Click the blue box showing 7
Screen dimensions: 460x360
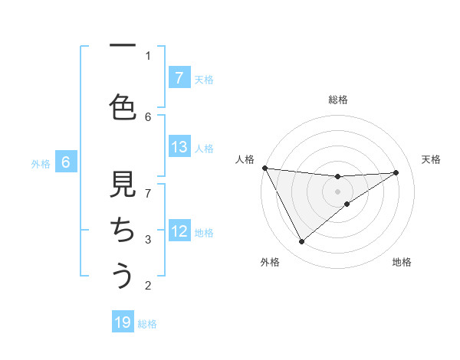tap(179, 77)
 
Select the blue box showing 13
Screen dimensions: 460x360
tap(179, 146)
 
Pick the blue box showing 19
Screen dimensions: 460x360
tap(123, 322)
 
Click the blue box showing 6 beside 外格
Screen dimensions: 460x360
tap(66, 162)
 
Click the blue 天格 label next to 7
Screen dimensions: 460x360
tap(204, 79)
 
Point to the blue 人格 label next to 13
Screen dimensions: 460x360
tap(204, 148)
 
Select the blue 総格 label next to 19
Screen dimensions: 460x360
tap(148, 324)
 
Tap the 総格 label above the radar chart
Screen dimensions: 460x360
tap(338, 100)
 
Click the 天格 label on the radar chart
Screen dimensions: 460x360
tap(432, 159)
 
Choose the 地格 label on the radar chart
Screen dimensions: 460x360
tap(402, 262)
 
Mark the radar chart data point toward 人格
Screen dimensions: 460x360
tap(264, 167)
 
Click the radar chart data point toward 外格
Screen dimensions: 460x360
tap(301, 242)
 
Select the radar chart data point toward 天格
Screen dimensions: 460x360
tap(396, 172)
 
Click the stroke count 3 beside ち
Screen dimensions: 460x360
tap(148, 240)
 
